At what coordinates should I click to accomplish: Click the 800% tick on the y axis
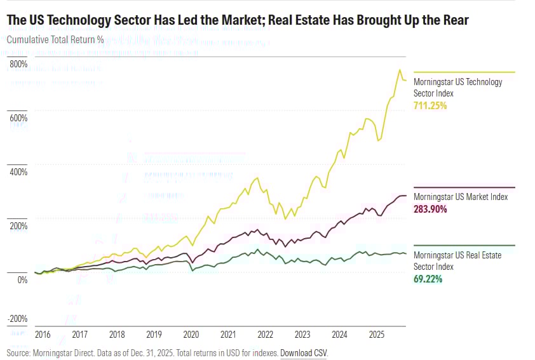pos(18,65)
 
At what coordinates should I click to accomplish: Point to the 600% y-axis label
pos(18,118)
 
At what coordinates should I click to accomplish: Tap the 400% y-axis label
pos(18,172)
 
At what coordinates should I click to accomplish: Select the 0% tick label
pos(21,279)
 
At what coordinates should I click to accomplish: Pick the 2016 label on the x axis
pos(43,334)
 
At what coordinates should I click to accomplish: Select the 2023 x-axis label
pos(303,334)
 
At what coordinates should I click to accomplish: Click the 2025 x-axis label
pos(377,334)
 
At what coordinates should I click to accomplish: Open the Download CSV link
pos(304,352)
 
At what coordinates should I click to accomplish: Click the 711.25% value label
pos(431,105)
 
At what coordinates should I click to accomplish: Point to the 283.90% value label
pos(431,209)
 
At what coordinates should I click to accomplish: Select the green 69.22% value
pos(428,279)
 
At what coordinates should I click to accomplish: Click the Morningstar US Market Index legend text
pos(461,197)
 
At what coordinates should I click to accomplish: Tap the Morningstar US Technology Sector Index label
pos(457,88)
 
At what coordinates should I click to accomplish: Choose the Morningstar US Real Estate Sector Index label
pos(457,261)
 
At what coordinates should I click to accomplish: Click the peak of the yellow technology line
pos(400,70)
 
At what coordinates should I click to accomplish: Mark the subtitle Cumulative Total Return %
pos(55,39)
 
